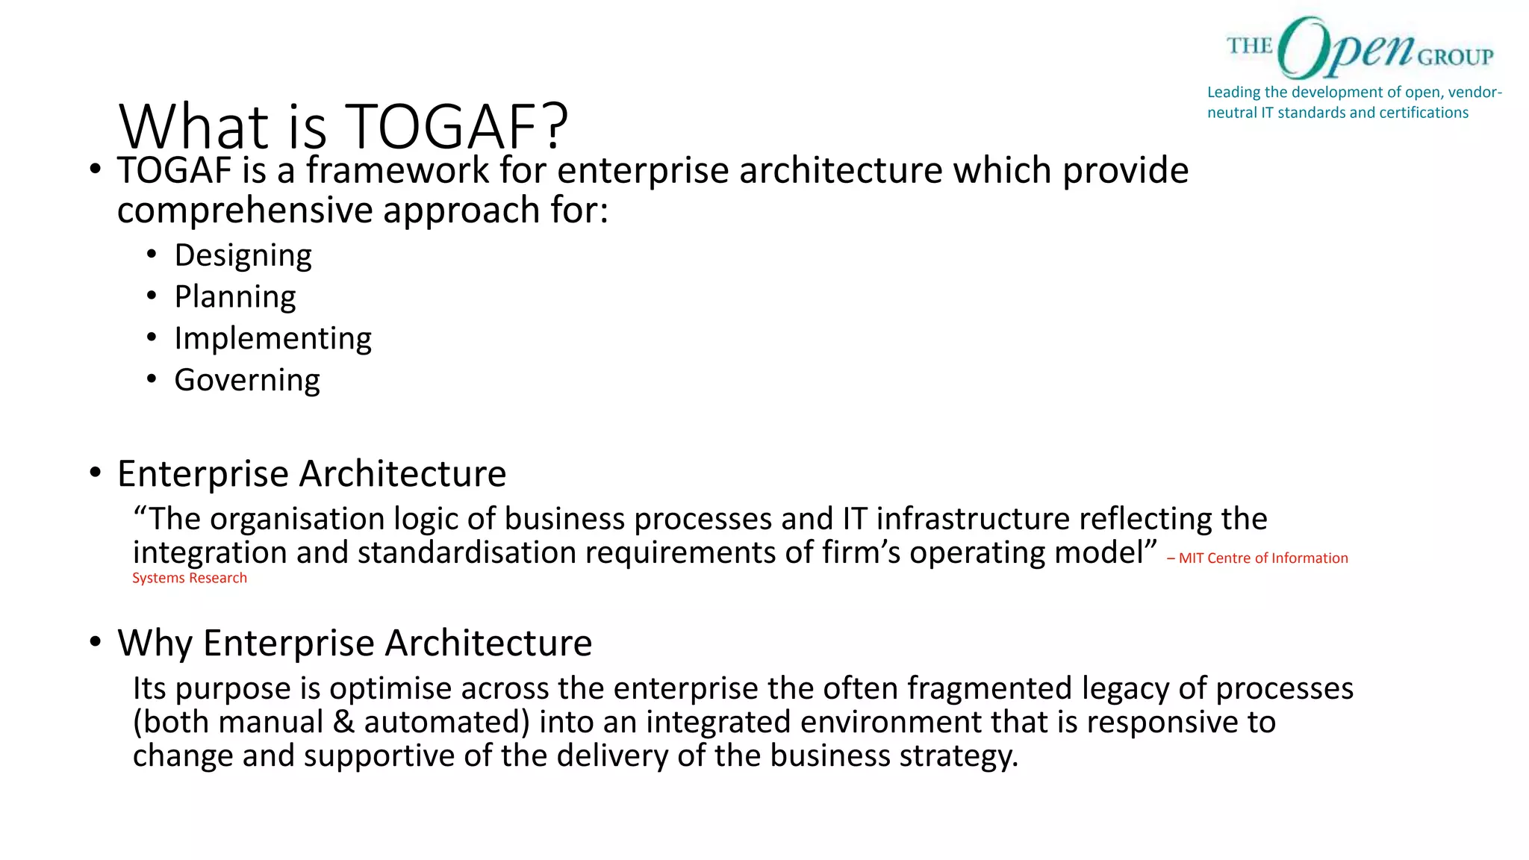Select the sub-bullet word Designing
coord(243,256)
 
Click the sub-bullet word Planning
coord(235,297)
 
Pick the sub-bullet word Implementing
coord(273,339)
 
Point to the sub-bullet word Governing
coord(247,380)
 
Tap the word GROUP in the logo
coord(1455,57)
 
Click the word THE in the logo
coord(1249,46)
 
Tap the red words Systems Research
coord(190,578)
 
